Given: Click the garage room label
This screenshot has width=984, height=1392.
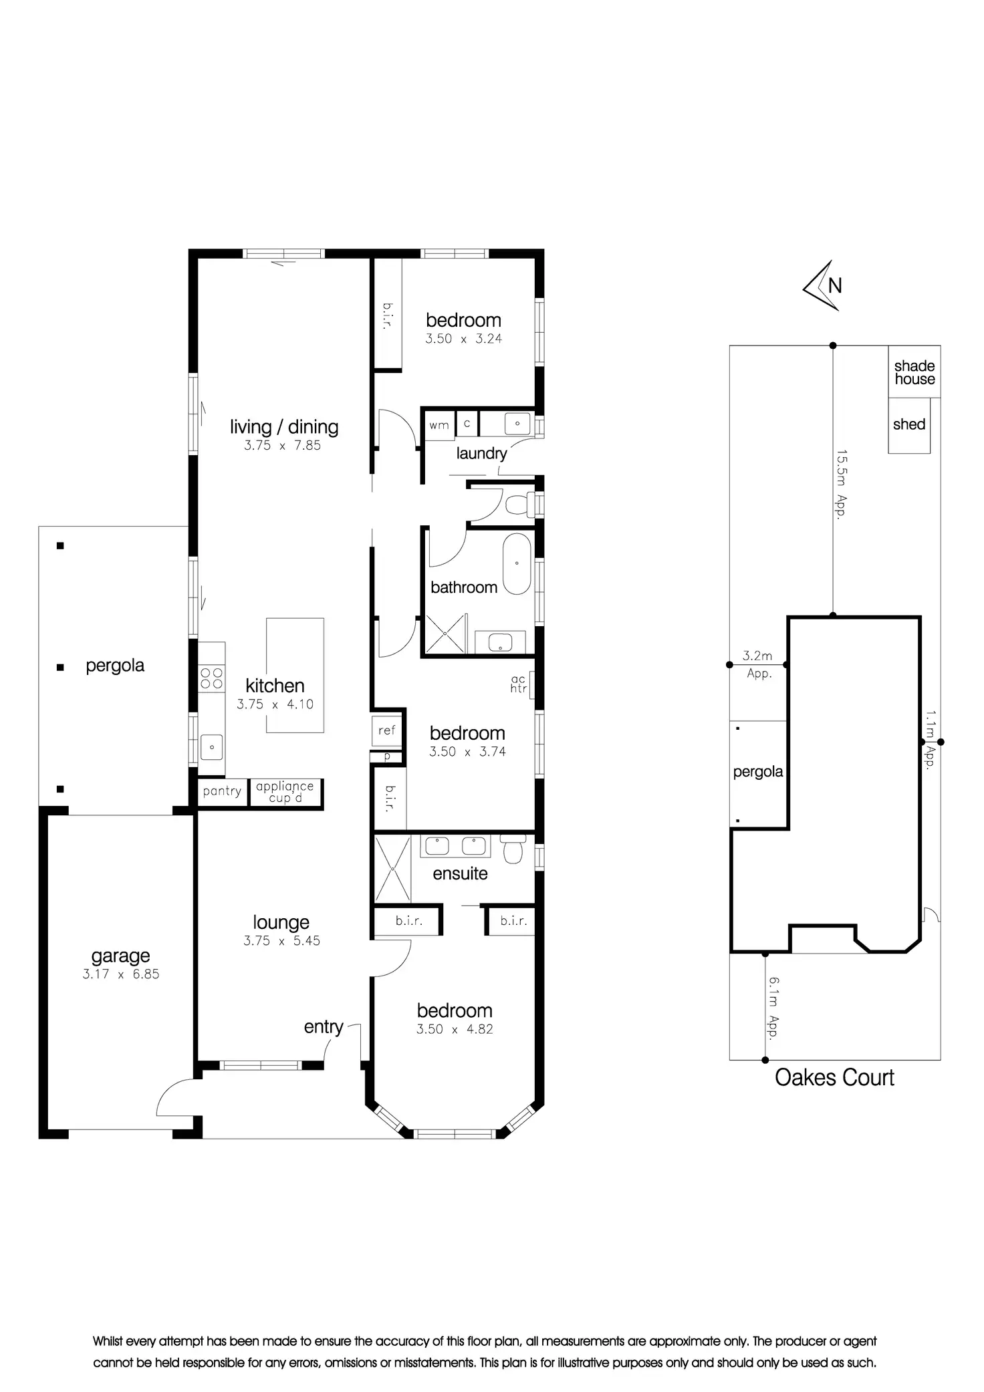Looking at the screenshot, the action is tap(120, 956).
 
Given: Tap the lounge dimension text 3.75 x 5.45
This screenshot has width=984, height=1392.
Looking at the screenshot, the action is tap(281, 940).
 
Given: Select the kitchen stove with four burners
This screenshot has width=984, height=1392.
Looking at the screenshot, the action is tap(212, 678).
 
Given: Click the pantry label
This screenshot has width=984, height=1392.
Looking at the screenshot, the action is tap(222, 791).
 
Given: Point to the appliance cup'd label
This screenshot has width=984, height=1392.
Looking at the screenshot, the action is tap(285, 792).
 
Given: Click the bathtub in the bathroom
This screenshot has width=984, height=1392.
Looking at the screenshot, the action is tap(517, 563).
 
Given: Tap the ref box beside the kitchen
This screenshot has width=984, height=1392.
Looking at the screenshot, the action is tap(386, 730).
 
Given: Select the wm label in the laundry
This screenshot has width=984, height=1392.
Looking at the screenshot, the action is tap(439, 425).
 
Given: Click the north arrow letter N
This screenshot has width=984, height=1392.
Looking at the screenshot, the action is tap(835, 285).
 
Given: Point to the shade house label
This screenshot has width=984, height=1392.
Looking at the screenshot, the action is tap(914, 372).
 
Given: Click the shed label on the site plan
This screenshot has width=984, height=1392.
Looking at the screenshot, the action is tap(909, 424).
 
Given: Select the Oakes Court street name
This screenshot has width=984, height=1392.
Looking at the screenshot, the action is tap(834, 1077).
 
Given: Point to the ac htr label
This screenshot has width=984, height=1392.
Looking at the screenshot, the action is tap(519, 684).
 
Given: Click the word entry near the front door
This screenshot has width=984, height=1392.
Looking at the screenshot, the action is tap(324, 1026).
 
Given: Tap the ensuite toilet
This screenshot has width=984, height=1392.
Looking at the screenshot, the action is tap(513, 850).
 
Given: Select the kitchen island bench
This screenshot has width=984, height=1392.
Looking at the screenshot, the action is tap(295, 675).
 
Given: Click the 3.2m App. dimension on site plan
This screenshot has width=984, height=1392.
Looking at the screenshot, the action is tap(757, 664).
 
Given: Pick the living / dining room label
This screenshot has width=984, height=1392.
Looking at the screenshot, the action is tap(284, 427).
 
